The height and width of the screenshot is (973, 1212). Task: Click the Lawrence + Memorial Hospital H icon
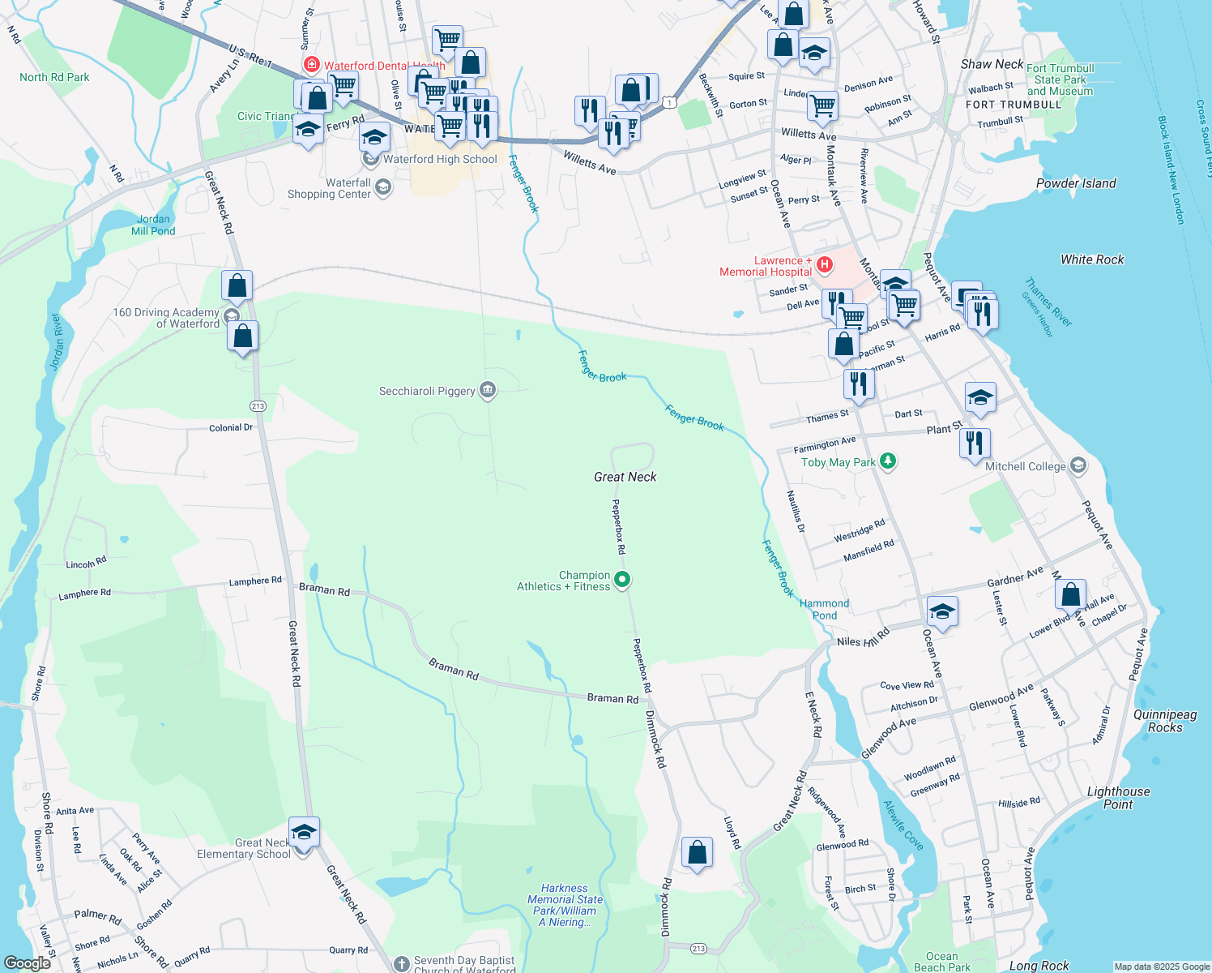point(824,264)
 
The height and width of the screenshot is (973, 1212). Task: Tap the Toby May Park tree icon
point(888,461)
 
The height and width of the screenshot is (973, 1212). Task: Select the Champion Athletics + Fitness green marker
point(622,579)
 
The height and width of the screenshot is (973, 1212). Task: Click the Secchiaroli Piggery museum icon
point(488,390)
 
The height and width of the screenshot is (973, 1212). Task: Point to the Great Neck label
point(625,477)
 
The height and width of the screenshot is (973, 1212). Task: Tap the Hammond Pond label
point(824,609)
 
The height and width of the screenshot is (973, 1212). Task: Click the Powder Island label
point(1076,183)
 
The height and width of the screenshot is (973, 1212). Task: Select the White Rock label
point(1092,259)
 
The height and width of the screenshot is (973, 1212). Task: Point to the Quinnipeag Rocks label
point(1165,721)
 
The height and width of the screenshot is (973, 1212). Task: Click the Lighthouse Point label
point(1118,798)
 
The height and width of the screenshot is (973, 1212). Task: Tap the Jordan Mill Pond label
point(153,225)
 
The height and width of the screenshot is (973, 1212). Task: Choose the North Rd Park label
point(54,77)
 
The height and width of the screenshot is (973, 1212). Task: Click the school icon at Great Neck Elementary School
point(304,833)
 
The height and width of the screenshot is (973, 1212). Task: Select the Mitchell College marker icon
point(1078,465)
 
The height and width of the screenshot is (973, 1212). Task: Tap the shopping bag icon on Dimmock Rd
point(697,853)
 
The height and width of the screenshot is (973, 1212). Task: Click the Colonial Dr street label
point(231,427)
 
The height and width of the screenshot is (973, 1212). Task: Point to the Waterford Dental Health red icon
point(311,64)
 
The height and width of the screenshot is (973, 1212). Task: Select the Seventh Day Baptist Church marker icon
point(401,964)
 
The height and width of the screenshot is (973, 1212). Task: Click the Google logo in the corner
point(28,962)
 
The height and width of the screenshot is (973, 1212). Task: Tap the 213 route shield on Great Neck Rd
point(258,406)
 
